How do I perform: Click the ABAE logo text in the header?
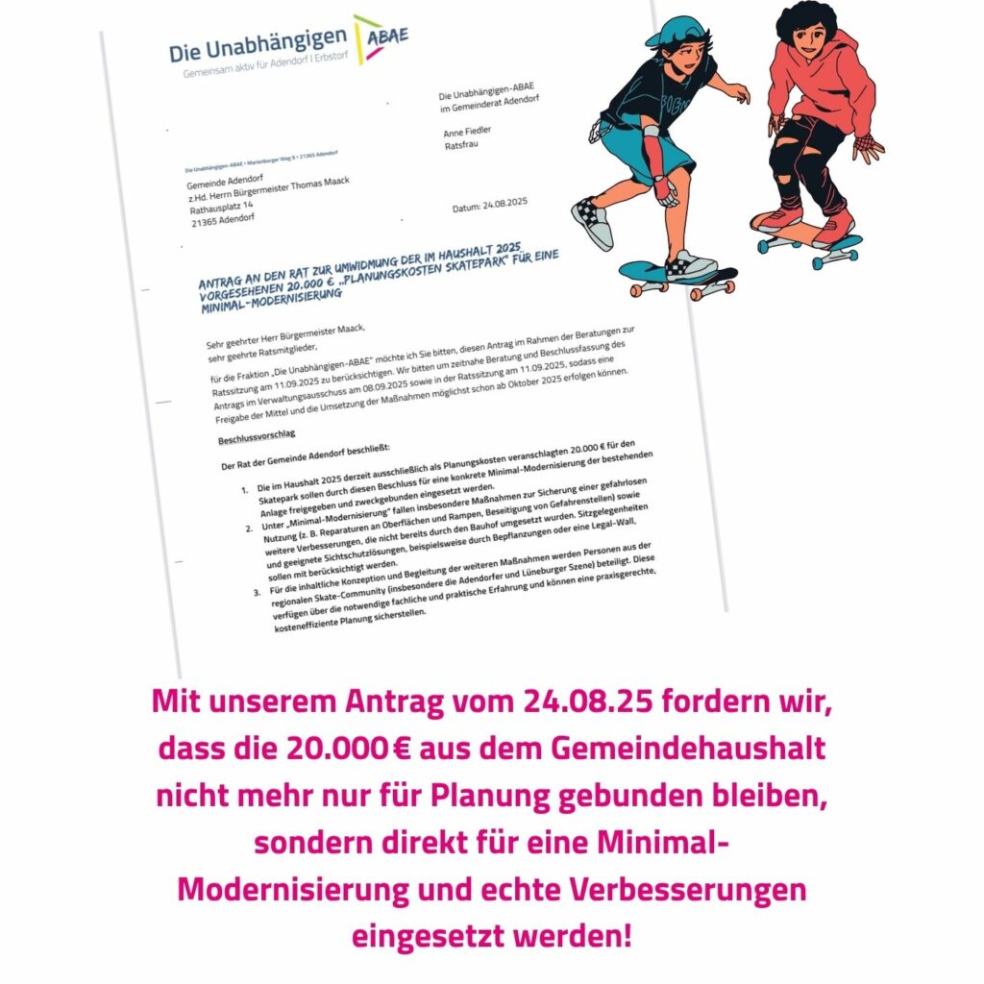[x=387, y=36]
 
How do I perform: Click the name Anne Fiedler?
[x=467, y=131]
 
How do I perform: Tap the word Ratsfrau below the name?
[x=460, y=147]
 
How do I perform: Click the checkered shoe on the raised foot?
[x=591, y=223]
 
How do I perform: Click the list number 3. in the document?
[x=257, y=593]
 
